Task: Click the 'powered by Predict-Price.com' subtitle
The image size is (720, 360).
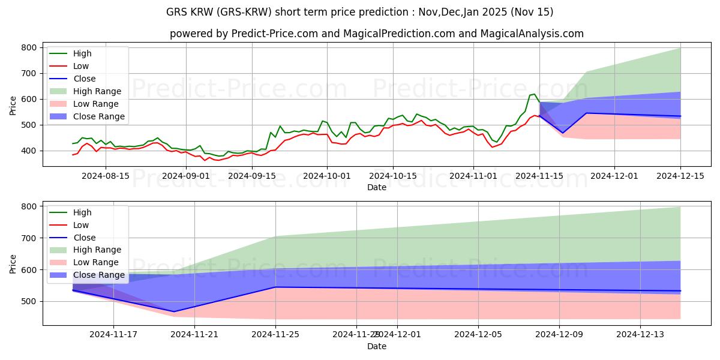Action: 376,34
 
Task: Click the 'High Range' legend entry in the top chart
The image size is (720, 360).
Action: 97,91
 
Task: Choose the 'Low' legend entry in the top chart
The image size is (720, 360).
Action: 81,66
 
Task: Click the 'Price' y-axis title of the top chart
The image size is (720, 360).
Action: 13,105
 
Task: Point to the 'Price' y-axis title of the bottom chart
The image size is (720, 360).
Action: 13,264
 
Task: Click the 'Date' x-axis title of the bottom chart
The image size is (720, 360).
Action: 376,346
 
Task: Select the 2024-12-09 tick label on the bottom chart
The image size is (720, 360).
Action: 559,335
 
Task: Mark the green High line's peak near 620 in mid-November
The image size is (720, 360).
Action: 534,94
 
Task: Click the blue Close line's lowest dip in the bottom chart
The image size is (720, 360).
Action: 174,311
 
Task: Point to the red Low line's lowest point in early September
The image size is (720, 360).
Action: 205,160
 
